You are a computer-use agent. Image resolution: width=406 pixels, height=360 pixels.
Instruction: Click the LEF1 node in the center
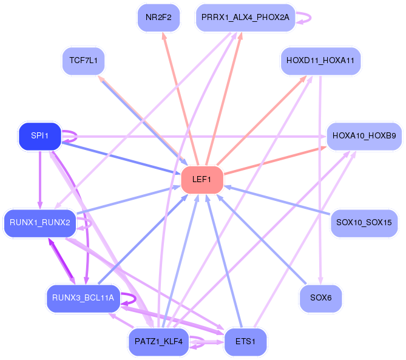pyautogui.click(x=202, y=180)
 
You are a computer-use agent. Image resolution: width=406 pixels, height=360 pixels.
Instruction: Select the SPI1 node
pyautogui.click(x=40, y=136)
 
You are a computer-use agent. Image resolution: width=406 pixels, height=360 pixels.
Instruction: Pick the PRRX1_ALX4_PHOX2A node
pyautogui.click(x=246, y=18)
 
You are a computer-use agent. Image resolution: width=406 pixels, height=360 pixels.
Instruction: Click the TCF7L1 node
pyautogui.click(x=84, y=61)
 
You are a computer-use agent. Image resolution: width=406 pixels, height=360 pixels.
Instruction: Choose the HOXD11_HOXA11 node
pyautogui.click(x=320, y=61)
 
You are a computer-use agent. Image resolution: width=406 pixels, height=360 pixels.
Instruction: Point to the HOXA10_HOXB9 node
pyautogui.click(x=364, y=137)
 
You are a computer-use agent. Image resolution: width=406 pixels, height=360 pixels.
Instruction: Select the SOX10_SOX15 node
pyautogui.click(x=364, y=223)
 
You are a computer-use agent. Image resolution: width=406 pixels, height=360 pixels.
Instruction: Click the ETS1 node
pyautogui.click(x=245, y=342)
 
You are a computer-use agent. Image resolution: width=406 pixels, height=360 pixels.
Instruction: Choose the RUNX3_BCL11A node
pyautogui.click(x=83, y=298)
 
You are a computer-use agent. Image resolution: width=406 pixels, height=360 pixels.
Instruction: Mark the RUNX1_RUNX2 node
pyautogui.click(x=40, y=223)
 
